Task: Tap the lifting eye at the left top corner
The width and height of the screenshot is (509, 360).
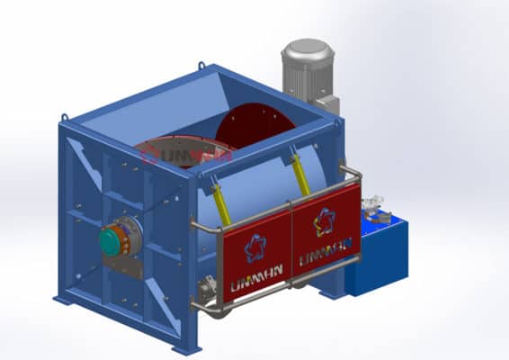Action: point(66,117)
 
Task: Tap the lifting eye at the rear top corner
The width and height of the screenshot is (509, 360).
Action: point(201,66)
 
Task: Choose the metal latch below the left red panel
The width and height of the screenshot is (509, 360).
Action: point(208,291)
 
